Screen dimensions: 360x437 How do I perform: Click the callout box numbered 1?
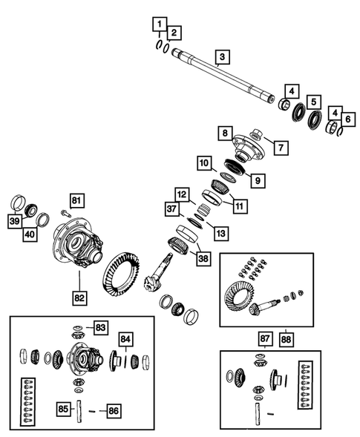point(160,24)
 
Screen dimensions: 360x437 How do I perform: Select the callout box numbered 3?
point(222,57)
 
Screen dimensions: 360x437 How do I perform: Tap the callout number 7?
point(281,148)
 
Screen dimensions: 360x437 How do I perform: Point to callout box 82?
point(79,298)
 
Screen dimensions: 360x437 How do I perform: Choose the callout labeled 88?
point(287,340)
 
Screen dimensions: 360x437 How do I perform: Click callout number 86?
point(114,411)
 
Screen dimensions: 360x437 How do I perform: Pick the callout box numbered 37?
point(171,208)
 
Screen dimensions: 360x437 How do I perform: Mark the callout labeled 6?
point(348,119)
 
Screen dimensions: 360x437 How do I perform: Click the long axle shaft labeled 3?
point(223,76)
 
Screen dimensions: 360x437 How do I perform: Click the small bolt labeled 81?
point(65,213)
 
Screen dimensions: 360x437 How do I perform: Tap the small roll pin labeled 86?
point(92,411)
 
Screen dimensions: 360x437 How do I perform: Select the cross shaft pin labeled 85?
point(79,411)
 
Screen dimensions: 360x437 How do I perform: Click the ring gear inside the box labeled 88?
point(239,297)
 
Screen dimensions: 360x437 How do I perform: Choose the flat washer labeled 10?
point(228,177)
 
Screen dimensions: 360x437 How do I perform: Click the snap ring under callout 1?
point(160,45)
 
